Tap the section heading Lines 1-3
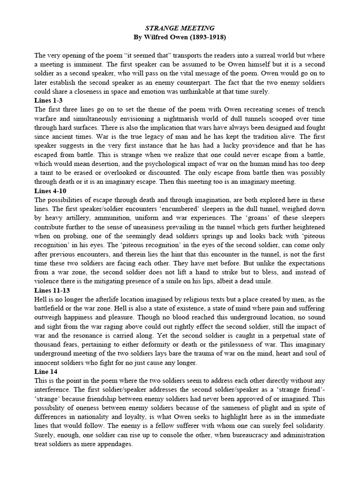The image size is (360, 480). tap(49, 101)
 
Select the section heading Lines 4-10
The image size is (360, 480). tap(51, 191)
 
